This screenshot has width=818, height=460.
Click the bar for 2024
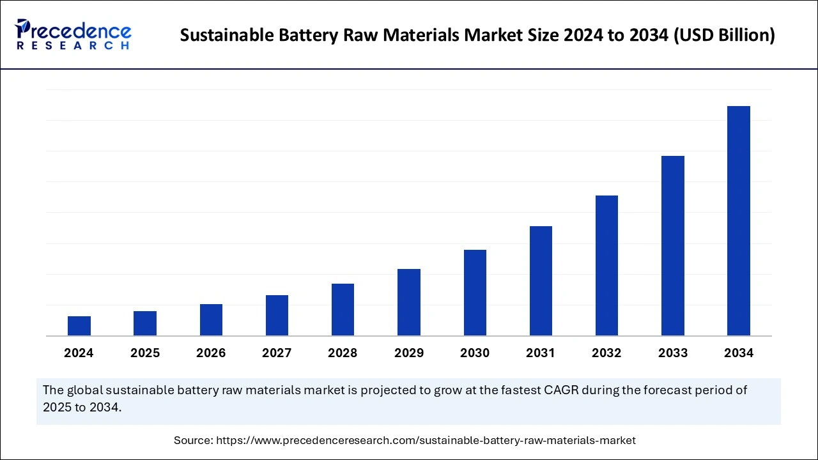point(79,326)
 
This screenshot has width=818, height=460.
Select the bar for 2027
point(277,315)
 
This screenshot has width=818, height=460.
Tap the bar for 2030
point(475,293)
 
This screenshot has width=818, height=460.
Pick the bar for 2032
point(606,265)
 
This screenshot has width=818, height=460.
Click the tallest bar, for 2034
point(739,220)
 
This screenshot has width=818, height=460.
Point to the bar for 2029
point(409,302)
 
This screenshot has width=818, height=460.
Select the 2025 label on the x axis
point(145,353)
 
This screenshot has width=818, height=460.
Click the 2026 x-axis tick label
point(211,353)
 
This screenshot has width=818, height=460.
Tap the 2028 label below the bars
point(343,353)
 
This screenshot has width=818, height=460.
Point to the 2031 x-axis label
point(541,353)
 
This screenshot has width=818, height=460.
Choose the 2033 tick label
point(673,353)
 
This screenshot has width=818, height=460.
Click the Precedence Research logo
point(73,34)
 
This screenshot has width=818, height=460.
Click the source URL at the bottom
point(426,440)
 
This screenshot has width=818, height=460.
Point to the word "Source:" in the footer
point(194,440)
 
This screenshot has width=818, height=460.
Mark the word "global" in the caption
point(87,390)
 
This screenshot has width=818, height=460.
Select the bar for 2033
point(673,245)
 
